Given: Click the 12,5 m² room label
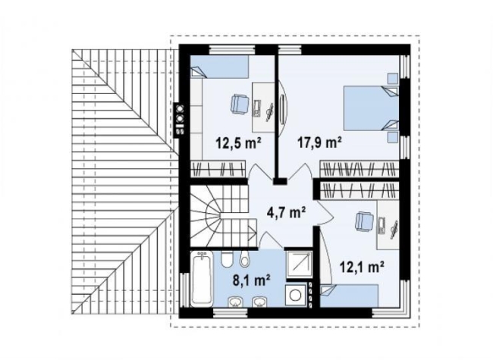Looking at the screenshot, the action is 238,143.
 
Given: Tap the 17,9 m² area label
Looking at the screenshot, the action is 320,142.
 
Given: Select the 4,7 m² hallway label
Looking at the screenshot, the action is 286,213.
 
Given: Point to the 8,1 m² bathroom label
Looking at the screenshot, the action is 252,279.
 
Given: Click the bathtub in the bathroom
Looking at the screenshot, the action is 202,278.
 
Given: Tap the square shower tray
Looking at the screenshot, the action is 299,265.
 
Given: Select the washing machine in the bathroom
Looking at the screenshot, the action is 296,295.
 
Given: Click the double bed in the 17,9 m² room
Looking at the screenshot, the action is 371,108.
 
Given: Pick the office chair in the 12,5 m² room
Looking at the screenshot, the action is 239,104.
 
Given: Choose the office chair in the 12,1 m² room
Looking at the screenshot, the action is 364,221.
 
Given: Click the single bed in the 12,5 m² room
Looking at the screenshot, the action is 219,67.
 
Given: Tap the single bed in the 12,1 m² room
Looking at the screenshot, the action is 349,296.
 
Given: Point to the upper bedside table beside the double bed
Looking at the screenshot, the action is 392,79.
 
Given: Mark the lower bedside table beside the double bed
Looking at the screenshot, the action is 392,138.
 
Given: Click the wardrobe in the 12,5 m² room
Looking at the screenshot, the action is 218,169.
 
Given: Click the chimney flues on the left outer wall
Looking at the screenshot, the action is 180,119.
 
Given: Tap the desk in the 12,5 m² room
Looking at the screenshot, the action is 263,108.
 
